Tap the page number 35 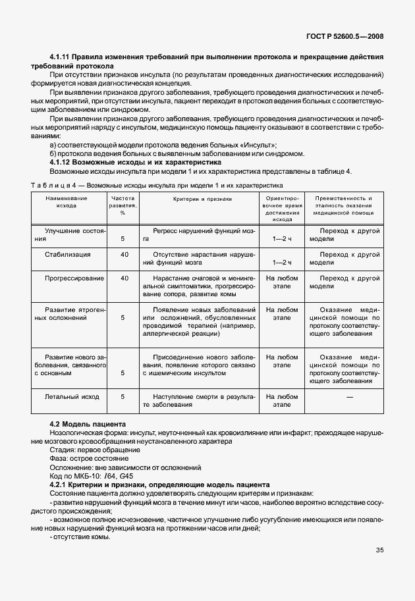[x=379, y=550]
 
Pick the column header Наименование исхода [x=67, y=201]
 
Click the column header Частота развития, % [x=123, y=205]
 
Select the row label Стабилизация [x=67, y=253]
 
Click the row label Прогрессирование [x=67, y=278]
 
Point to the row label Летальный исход [x=72, y=397]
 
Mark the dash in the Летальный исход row [x=350, y=397]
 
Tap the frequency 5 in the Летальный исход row [x=123, y=397]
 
